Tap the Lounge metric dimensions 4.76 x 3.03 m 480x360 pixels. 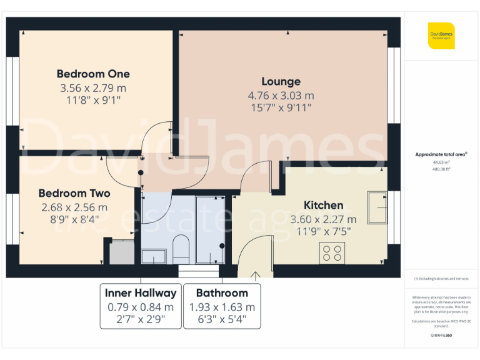pos(281,96)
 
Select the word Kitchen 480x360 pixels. pos(323,205)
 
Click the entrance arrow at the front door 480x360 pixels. pos(256,273)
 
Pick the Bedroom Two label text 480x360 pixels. pos(74,194)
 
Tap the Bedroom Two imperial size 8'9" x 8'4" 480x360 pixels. pos(74,219)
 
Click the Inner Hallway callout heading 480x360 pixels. pos(141,292)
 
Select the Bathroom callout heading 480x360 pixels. pos(222,292)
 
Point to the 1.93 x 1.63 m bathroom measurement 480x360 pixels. pos(222,307)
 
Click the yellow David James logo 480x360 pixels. pos(441,36)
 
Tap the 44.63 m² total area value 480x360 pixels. pos(441,161)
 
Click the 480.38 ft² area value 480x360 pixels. pos(441,168)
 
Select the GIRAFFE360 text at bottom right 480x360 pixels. pos(441,336)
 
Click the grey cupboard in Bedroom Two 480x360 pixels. pos(122,252)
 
